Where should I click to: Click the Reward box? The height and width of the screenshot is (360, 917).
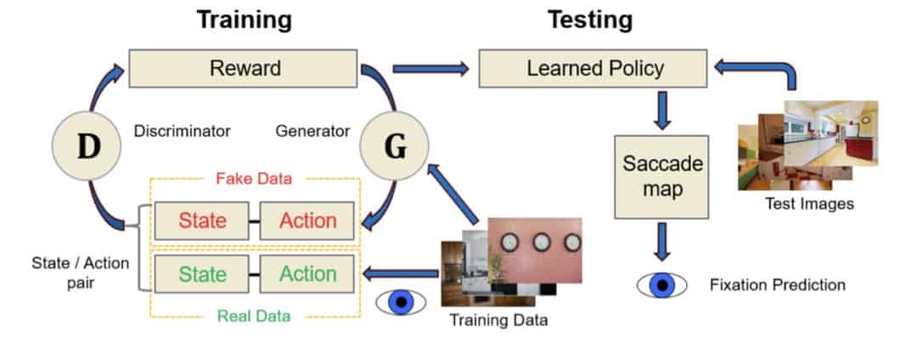245,68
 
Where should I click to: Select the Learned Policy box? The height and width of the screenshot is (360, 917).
592,68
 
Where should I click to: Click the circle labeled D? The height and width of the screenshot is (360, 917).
88,146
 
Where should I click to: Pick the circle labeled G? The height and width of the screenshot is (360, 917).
395,146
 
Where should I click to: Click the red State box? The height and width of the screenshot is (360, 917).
202,221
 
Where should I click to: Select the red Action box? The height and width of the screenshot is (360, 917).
307,221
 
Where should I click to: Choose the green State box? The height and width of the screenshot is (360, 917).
202,274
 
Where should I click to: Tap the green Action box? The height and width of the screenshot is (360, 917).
307,274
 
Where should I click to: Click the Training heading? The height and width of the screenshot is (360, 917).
245,20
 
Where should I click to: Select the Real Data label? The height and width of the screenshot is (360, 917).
254,315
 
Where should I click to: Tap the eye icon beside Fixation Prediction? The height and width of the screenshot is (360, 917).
661,285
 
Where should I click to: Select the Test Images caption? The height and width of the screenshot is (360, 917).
809,204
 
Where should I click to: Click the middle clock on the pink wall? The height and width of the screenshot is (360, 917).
537,242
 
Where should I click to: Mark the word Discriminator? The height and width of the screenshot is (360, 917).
182,132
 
